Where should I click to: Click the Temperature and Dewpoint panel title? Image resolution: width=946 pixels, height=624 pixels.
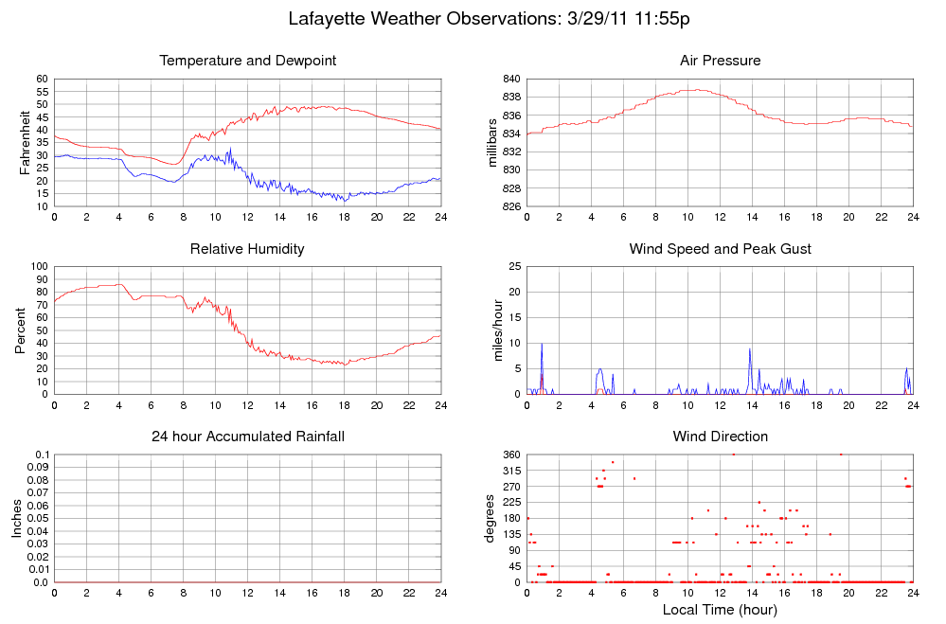pyautogui.click(x=248, y=61)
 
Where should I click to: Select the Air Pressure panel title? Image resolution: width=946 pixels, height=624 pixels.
pyautogui.click(x=720, y=61)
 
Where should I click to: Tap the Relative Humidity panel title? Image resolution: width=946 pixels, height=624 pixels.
pyautogui.click(x=248, y=249)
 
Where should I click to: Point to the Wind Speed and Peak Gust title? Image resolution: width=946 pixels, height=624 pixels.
pyautogui.click(x=720, y=249)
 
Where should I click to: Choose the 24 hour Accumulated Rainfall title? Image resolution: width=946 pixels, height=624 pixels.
pyautogui.click(x=248, y=437)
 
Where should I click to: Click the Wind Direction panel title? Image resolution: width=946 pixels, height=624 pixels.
pyautogui.click(x=720, y=437)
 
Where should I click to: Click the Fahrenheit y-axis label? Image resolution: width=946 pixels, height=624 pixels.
pyautogui.click(x=26, y=143)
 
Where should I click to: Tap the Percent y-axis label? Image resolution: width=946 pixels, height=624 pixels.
pyautogui.click(x=21, y=330)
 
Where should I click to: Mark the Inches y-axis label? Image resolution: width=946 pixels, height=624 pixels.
pyautogui.click(x=17, y=519)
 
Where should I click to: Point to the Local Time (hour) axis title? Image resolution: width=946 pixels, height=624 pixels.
pyautogui.click(x=720, y=610)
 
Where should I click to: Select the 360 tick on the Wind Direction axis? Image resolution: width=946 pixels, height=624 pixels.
pyautogui.click(x=509, y=455)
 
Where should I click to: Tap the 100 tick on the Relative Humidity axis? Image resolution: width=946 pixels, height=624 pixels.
pyautogui.click(x=38, y=266)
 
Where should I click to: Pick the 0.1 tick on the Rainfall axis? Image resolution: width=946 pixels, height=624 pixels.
pyautogui.click(x=41, y=455)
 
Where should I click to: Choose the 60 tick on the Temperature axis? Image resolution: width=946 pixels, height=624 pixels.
pyautogui.click(x=42, y=79)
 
